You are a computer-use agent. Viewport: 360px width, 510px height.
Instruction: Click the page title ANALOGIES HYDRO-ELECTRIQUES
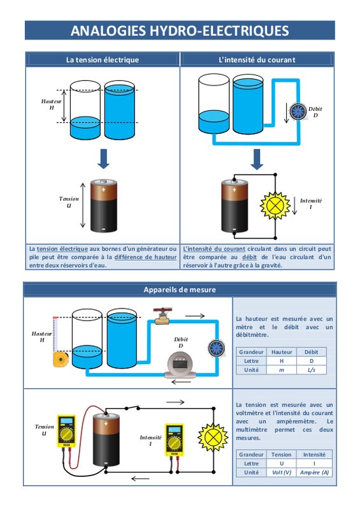[x=180, y=31]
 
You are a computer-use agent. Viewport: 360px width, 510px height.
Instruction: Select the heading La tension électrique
[x=103, y=60]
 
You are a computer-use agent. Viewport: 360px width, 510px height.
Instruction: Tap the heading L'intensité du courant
[x=257, y=60]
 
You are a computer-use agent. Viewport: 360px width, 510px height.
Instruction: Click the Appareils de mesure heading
[x=180, y=289]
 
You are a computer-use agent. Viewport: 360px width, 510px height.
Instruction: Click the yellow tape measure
[x=61, y=359]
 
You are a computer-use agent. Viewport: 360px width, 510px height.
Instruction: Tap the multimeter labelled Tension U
[x=66, y=431]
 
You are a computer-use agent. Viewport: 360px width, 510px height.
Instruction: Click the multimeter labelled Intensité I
[x=174, y=439]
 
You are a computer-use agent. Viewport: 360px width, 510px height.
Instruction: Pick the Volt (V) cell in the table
[x=281, y=472]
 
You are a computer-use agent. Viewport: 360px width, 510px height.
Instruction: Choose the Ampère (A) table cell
[x=314, y=472]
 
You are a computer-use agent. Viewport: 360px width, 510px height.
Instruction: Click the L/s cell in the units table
[x=311, y=370]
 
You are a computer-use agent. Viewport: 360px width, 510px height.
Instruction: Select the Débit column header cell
[x=311, y=352]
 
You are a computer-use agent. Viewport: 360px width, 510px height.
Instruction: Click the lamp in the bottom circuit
[x=213, y=437]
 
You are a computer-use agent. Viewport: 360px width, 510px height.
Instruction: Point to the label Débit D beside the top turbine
[x=315, y=112]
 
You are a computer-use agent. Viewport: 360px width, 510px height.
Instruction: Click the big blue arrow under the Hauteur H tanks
[x=103, y=159]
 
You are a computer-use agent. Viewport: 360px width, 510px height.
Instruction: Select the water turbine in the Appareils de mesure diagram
[x=216, y=348]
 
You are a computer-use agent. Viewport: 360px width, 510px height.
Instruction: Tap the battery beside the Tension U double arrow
[x=103, y=205]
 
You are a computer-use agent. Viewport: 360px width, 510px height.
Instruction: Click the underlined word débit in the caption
[x=249, y=257]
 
